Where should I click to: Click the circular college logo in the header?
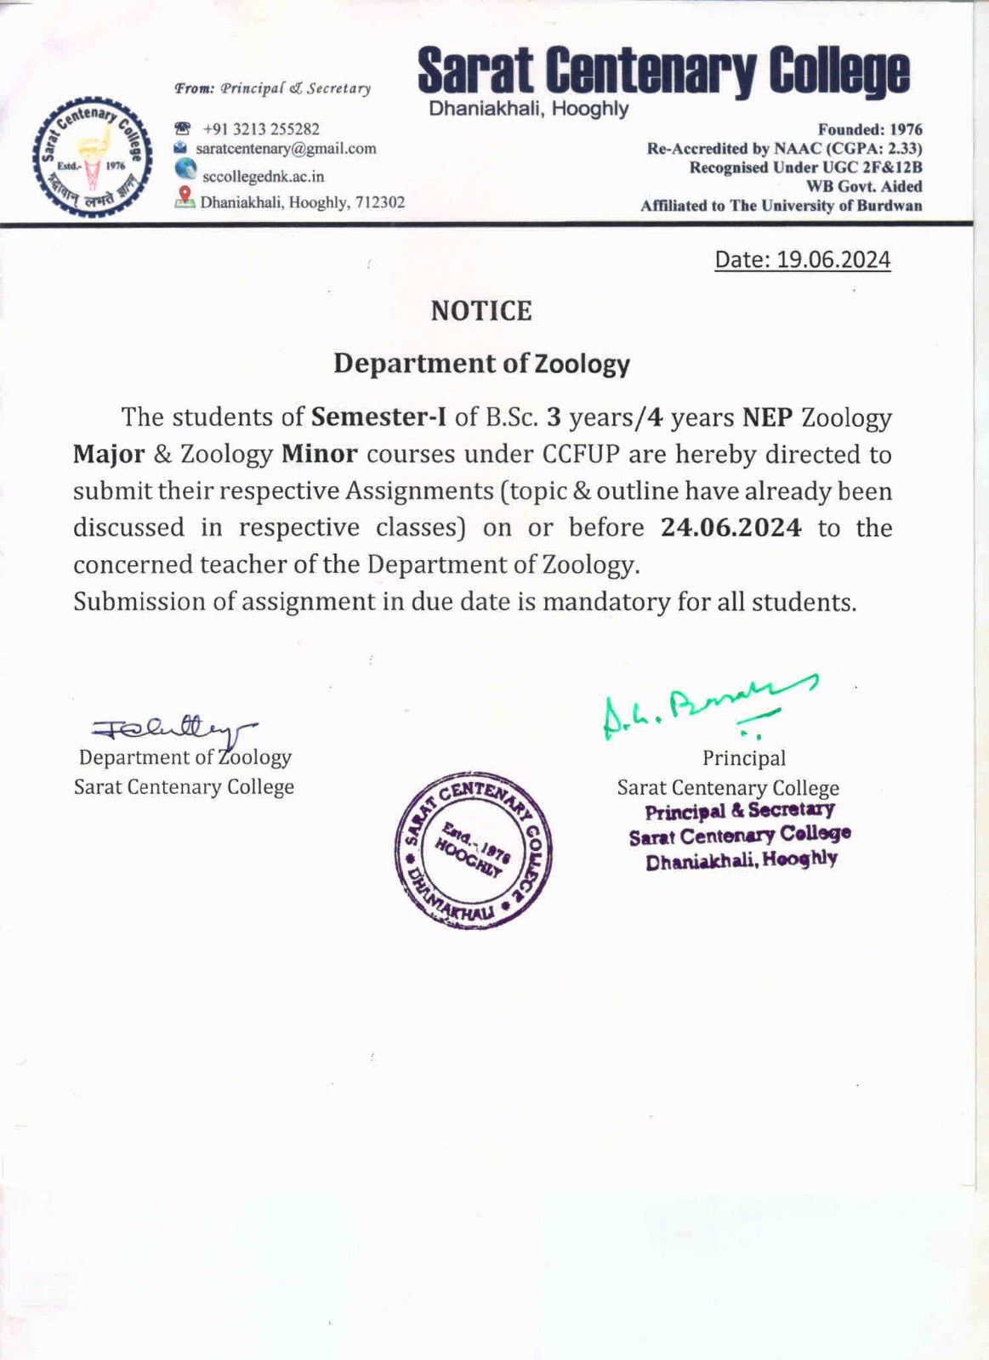(x=92, y=158)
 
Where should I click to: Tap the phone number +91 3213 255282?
(x=261, y=129)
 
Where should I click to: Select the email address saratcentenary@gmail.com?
(x=286, y=149)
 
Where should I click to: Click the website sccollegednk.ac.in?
(x=263, y=177)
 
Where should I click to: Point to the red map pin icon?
(x=185, y=197)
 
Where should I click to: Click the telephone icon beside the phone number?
(x=183, y=129)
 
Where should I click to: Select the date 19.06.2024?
(x=833, y=259)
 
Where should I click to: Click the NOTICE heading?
(x=481, y=311)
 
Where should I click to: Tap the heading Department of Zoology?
(x=481, y=363)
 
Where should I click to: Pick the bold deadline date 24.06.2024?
(x=730, y=528)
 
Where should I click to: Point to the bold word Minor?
(x=319, y=455)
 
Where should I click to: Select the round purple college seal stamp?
(x=474, y=850)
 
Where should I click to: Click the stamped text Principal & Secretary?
(x=740, y=810)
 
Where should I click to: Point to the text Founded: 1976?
(x=869, y=130)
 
